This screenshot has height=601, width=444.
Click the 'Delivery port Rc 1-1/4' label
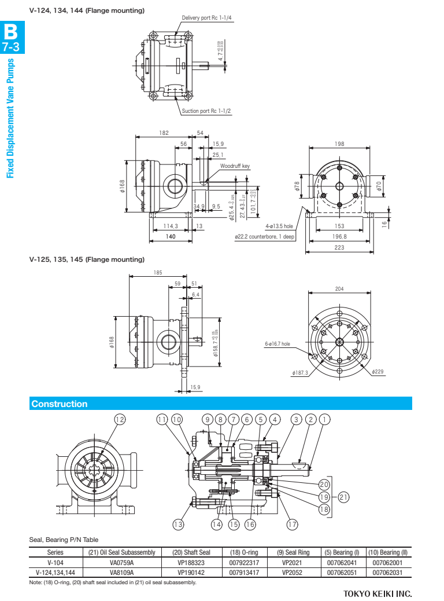(206, 18)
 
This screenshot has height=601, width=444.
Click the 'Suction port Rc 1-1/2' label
(206, 111)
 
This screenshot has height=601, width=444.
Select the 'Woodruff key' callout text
(235, 166)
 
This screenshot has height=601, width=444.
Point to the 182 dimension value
(164, 133)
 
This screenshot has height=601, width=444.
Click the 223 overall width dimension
(339, 248)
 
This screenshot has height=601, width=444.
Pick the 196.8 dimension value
(339, 236)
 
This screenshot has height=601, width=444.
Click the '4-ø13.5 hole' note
(279, 226)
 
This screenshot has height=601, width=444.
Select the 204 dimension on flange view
(339, 289)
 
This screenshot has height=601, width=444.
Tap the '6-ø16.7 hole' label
(277, 344)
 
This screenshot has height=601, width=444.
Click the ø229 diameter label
(379, 372)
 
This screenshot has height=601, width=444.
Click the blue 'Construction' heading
(60, 404)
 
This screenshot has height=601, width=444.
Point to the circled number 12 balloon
(120, 420)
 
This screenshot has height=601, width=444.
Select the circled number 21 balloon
(343, 496)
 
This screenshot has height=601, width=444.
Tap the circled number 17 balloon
(292, 525)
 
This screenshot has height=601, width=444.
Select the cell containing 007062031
(390, 572)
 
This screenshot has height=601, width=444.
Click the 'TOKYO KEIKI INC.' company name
(377, 593)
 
